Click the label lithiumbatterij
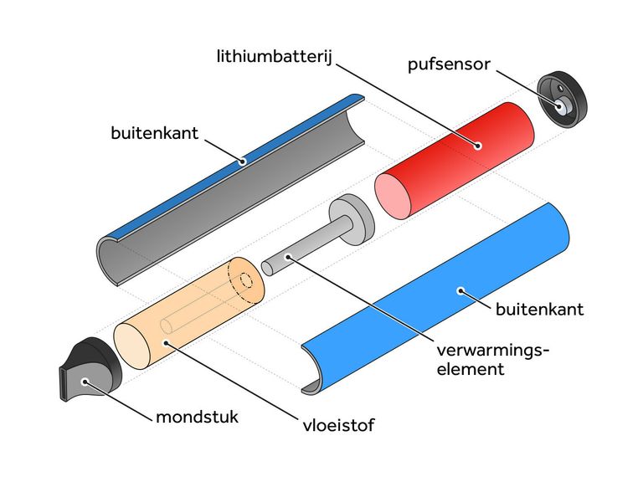[271, 57]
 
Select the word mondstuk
[197, 416]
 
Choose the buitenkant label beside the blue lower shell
[539, 310]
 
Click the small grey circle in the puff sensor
[558, 107]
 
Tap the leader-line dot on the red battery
[477, 144]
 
